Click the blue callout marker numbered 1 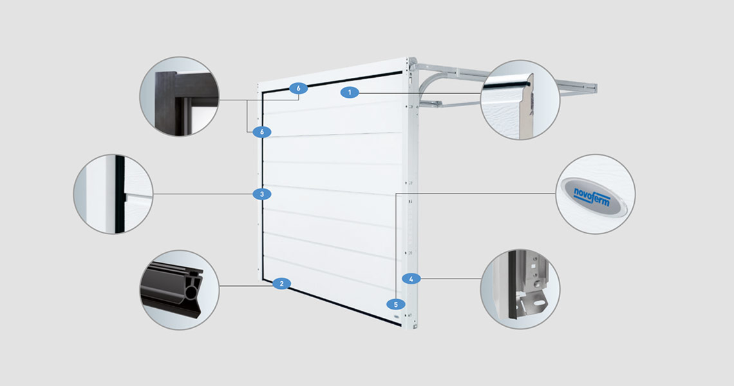(349, 93)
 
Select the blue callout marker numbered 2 (281, 284)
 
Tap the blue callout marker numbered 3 (261, 194)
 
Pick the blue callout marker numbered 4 (411, 279)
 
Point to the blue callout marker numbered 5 (395, 304)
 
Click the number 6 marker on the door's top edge (298, 88)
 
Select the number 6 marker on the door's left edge (261, 132)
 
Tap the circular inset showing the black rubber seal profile (179, 289)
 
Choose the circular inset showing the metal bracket (520, 289)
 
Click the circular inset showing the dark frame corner (179, 96)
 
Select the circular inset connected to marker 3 (113, 194)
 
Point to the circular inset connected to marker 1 (520, 100)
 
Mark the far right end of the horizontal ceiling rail (596, 87)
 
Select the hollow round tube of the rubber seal (191, 293)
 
